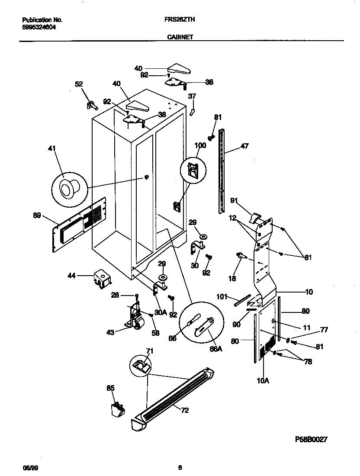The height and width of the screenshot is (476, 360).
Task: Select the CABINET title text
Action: (x=180, y=37)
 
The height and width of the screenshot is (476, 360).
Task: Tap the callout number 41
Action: (x=52, y=149)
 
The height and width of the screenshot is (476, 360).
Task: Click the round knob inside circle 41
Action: (x=68, y=189)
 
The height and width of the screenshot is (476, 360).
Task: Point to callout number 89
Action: (x=37, y=215)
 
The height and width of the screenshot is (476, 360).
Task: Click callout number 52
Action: (x=79, y=84)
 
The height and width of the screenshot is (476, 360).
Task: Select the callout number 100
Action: (x=200, y=145)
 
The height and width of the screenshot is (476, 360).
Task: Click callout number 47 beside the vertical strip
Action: (x=244, y=147)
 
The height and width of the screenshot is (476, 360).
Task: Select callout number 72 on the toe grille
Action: (x=184, y=410)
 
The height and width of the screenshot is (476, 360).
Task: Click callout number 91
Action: (x=234, y=200)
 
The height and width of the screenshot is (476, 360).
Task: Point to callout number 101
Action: (x=222, y=297)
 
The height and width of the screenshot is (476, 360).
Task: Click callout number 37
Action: (x=192, y=96)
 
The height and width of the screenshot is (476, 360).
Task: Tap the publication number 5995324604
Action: (x=39, y=27)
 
